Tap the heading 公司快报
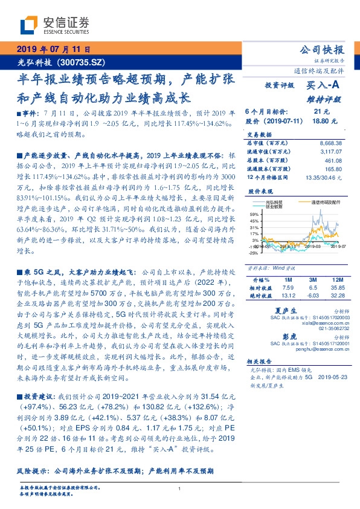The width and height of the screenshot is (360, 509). coord(321,50)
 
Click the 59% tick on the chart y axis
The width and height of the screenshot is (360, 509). coord(254,213)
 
